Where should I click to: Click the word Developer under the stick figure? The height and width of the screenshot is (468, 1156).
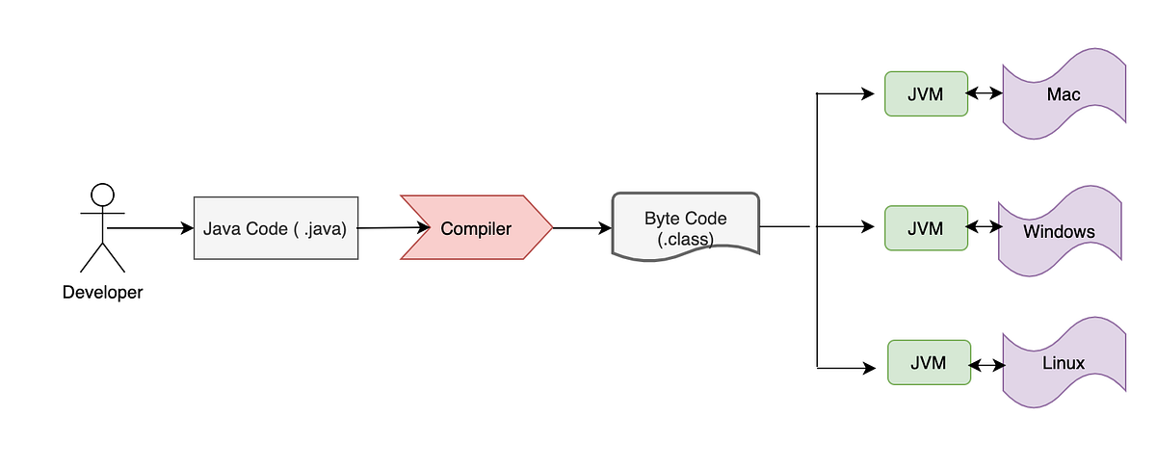102,293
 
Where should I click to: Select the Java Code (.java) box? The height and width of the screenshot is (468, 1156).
276,229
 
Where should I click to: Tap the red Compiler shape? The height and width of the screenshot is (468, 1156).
476,228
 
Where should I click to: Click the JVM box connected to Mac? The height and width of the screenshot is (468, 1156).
926,94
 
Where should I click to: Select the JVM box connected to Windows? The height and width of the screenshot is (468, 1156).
926,228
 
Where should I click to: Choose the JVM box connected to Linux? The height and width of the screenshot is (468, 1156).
929,363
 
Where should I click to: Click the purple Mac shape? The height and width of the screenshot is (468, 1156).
1064,94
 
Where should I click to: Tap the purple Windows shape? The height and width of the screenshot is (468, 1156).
1060,231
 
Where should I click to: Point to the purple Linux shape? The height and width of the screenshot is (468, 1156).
1064,364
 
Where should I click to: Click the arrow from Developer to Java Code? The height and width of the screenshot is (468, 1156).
150,228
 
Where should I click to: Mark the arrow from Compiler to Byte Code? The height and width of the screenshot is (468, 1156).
583,228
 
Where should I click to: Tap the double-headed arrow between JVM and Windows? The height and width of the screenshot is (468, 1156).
983,228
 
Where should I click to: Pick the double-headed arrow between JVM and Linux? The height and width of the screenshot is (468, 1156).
987,366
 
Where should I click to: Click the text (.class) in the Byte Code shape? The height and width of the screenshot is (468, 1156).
685,239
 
